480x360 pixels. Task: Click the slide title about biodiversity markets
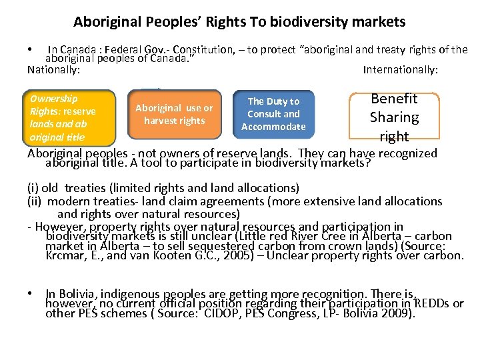(x=239, y=22)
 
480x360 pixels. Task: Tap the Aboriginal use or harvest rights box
(x=174, y=113)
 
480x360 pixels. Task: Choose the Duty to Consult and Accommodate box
(x=273, y=113)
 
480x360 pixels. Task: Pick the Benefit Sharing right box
(x=394, y=117)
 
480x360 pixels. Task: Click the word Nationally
(x=53, y=69)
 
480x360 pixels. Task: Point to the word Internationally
(x=400, y=69)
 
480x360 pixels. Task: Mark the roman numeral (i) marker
(x=32, y=188)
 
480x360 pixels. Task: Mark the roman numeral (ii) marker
(x=34, y=201)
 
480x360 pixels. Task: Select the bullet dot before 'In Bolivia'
(x=31, y=294)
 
